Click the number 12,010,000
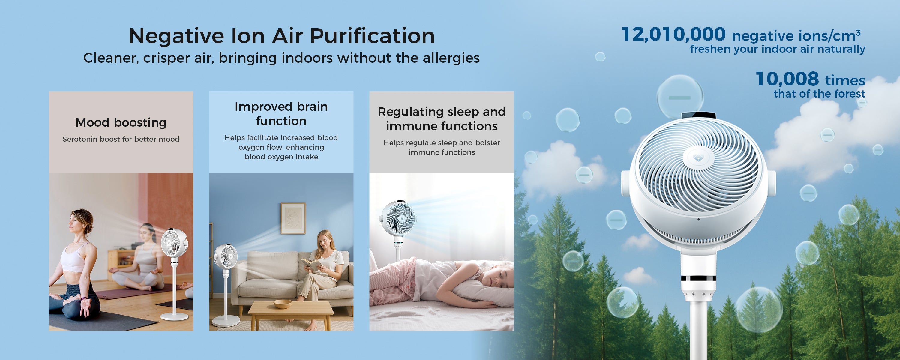coord(673,34)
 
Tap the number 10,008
coord(787,79)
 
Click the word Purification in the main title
coord(372,36)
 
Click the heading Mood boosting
coord(121,122)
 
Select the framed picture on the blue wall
coord(293,218)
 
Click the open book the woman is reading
coord(312,265)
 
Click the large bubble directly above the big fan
coord(680,97)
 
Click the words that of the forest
coord(819,94)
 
